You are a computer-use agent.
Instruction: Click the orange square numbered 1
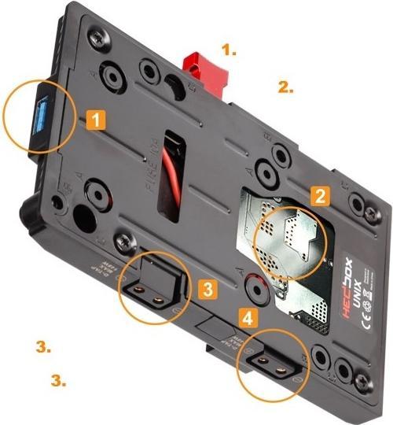(95, 120)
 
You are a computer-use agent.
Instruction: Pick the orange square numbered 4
(248, 319)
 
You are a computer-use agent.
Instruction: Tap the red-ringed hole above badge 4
(255, 286)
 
